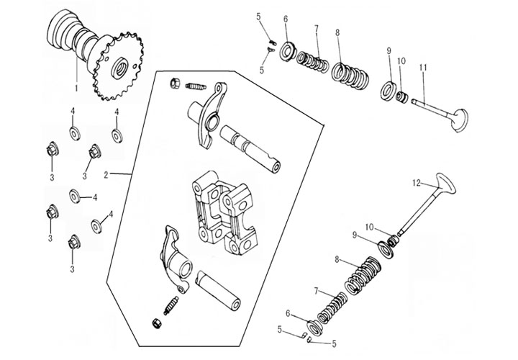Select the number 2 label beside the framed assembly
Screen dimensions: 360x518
[x=105, y=175]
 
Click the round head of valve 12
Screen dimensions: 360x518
[x=445, y=188]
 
